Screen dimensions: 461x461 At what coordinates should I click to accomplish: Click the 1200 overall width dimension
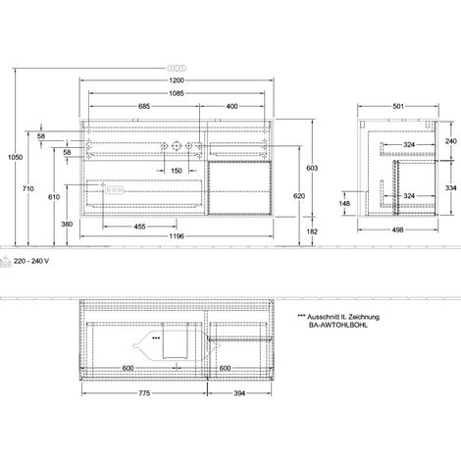[177, 80]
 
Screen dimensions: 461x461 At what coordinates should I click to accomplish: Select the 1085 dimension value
[177, 93]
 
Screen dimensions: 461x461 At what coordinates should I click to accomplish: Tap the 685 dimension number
[144, 106]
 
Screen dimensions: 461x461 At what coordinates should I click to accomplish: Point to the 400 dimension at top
[231, 106]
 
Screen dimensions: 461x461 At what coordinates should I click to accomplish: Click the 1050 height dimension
[16, 157]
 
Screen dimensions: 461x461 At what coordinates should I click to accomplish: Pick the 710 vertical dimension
[28, 188]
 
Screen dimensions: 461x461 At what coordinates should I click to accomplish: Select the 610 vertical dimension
[54, 197]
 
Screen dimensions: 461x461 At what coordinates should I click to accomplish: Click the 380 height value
[67, 225]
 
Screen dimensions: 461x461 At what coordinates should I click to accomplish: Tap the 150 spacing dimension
[177, 171]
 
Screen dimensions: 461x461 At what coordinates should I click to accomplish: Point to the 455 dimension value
[140, 227]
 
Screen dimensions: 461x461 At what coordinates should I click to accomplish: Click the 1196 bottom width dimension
[177, 236]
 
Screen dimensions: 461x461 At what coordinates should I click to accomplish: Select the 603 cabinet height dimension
[313, 168]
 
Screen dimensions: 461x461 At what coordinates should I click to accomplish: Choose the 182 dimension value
[313, 231]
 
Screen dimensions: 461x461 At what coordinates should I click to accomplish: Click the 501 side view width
[398, 106]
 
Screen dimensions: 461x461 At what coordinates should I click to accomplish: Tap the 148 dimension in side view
[344, 204]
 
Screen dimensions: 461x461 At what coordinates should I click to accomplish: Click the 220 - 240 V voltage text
[31, 261]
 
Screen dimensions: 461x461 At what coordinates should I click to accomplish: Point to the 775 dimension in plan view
[144, 393]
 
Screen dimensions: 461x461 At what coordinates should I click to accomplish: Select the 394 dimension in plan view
[239, 393]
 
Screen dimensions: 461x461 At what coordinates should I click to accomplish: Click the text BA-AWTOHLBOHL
[338, 325]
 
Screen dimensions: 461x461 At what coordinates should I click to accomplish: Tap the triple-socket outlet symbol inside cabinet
[114, 190]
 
